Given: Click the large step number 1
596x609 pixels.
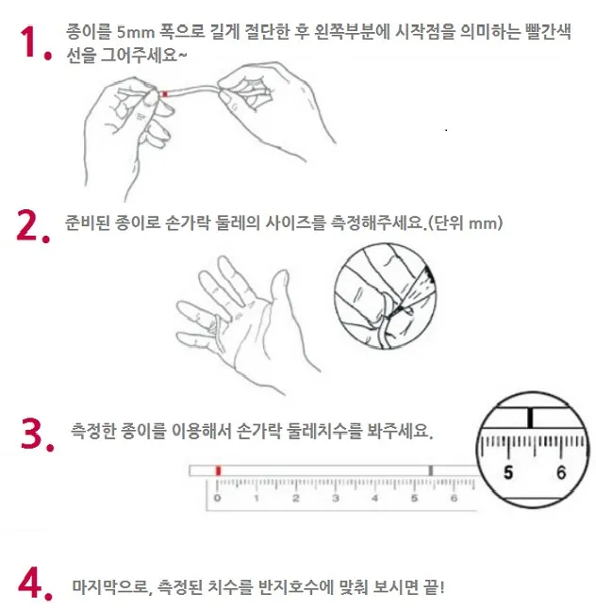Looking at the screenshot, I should [32, 45].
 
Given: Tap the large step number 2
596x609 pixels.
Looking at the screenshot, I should [32, 226].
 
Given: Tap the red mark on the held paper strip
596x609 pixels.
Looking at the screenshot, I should [165, 93].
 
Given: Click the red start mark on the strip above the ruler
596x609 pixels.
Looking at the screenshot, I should [218, 469].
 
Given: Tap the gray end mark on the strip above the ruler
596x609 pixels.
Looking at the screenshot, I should [431, 469].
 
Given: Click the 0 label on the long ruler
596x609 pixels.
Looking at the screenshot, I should [217, 498].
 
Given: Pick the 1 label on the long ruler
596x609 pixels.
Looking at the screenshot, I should [257, 498].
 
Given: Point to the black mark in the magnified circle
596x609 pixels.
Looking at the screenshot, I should [532, 416].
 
